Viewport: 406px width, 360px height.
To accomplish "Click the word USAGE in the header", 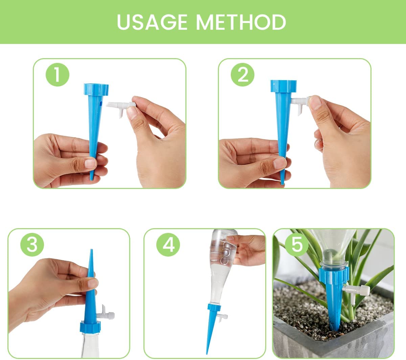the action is [152, 22].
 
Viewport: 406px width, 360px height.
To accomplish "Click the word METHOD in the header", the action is [241, 22].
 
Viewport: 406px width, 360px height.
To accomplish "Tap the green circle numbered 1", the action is [58, 75].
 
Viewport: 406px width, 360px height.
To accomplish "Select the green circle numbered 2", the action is [243, 75].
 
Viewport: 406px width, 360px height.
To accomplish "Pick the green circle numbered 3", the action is [32, 244].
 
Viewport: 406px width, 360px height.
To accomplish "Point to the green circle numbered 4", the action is [168, 244].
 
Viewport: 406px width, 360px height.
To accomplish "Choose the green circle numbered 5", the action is [297, 244].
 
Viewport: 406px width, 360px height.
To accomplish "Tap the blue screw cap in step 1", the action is [96, 89].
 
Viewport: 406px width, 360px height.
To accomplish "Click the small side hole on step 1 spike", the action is [101, 104].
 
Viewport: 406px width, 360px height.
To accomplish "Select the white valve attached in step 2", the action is [299, 103].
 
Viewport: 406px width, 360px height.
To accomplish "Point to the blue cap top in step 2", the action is [283, 86].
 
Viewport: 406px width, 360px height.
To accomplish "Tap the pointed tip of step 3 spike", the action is [91, 249].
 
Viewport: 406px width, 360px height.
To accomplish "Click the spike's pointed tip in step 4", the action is [207, 354].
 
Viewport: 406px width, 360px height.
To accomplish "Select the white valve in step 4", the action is [223, 317].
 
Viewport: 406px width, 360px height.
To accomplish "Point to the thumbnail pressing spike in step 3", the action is [93, 283].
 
